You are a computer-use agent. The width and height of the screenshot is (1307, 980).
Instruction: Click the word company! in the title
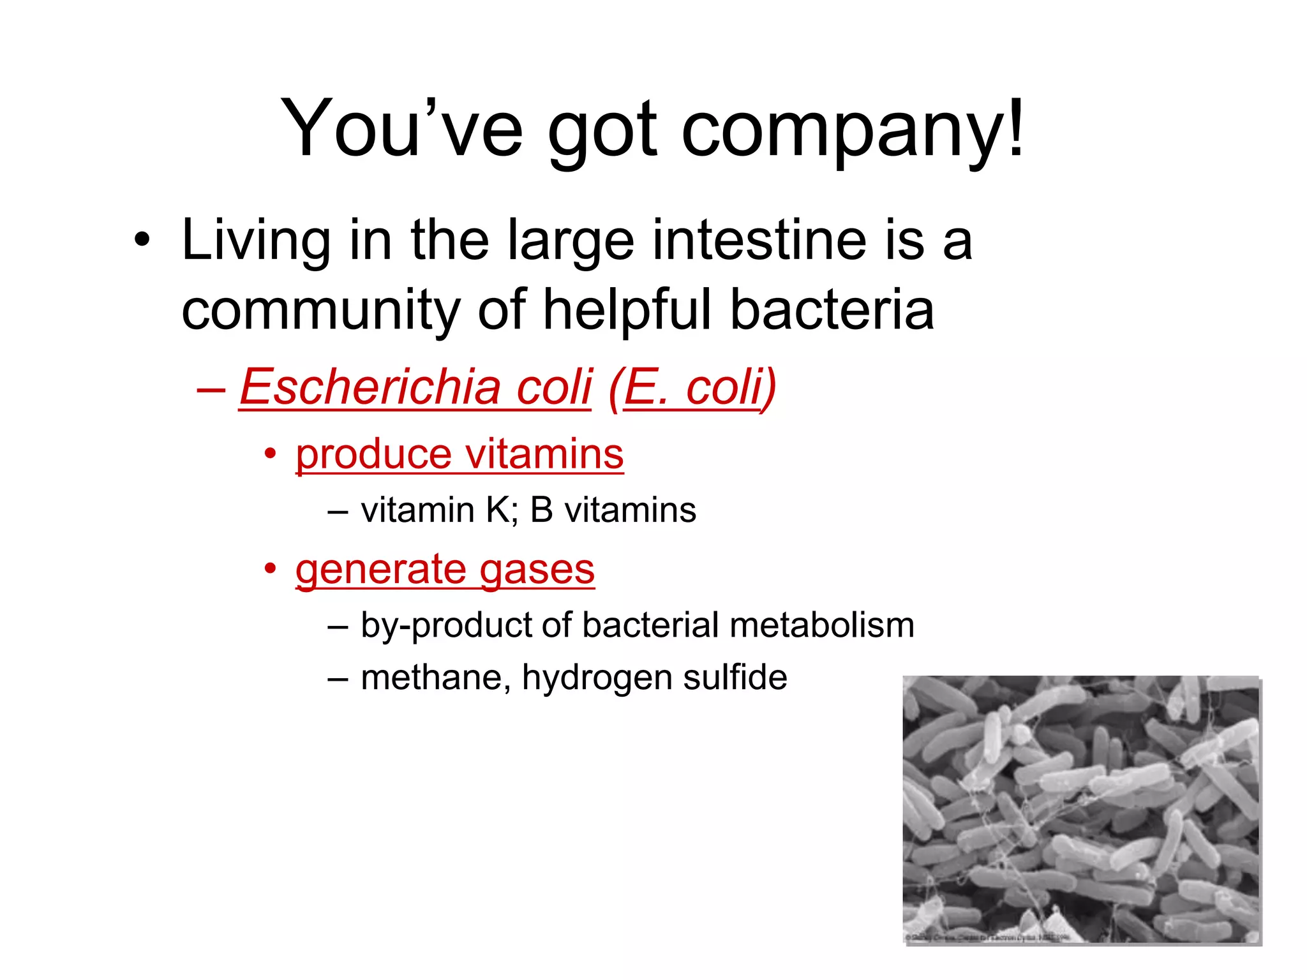[853, 131]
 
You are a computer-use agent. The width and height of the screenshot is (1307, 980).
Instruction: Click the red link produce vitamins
[459, 454]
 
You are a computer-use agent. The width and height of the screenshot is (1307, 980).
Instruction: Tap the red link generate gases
[445, 569]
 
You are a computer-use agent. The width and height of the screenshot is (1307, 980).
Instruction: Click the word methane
[435, 678]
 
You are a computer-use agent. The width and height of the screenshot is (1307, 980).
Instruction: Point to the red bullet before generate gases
[271, 568]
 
